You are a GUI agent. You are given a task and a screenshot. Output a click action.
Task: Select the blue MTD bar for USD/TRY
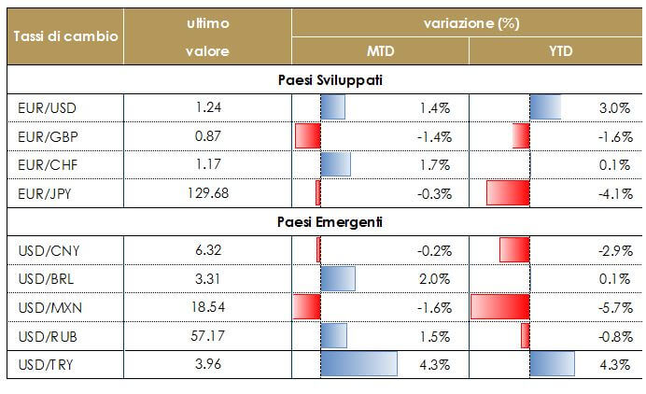click(x=358, y=363)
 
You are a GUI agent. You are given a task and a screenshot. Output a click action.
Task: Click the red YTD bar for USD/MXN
click(x=500, y=307)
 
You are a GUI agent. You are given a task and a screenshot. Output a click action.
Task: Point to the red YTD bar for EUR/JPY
click(x=508, y=193)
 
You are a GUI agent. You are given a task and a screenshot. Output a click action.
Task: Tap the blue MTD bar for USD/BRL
click(x=338, y=278)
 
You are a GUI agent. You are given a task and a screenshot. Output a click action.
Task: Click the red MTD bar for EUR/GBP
click(x=308, y=136)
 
